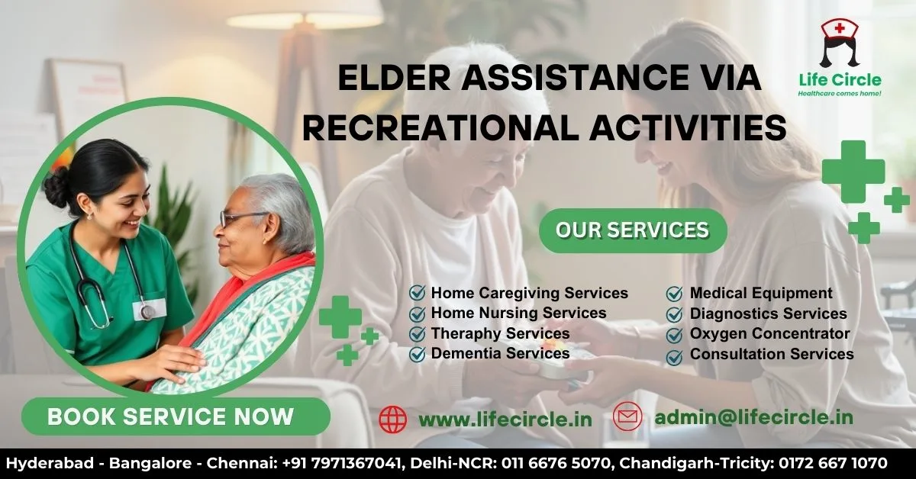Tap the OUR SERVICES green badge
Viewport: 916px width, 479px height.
click(x=632, y=230)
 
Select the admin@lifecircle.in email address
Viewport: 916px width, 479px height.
click(x=753, y=417)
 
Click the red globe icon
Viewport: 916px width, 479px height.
click(x=393, y=419)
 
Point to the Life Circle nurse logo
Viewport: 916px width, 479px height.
click(x=839, y=43)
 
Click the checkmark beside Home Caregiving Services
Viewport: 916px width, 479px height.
click(x=418, y=293)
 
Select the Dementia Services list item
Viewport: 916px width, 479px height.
click(x=500, y=354)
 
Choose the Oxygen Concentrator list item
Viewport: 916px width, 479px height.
click(x=769, y=334)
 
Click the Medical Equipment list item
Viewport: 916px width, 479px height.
click(x=761, y=293)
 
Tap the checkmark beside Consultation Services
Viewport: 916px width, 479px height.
click(x=675, y=355)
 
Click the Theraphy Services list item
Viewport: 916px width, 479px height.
click(x=500, y=334)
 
